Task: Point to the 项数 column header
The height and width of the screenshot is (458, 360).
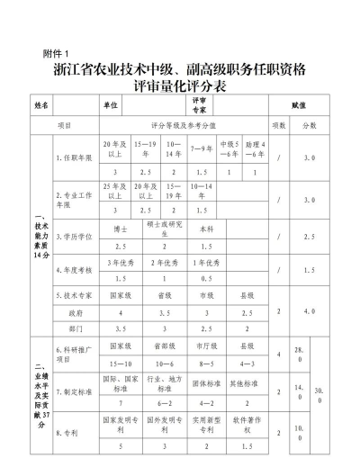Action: [278, 125]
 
